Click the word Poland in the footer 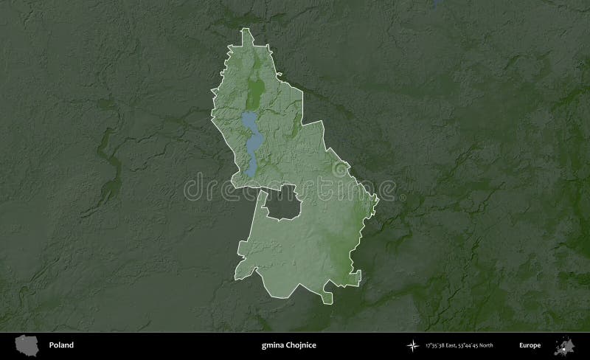pyautogui.click(x=61, y=345)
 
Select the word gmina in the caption pyautogui.click(x=272, y=345)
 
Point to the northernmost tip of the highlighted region pyautogui.click(x=245, y=29)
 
